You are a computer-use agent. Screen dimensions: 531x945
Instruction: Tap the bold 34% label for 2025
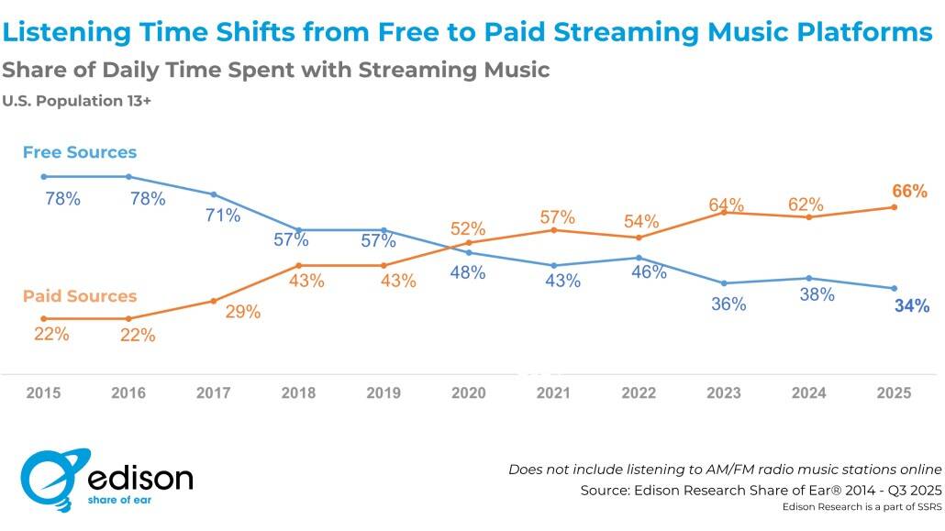[911, 306]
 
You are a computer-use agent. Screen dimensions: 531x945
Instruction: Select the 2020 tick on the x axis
[468, 393]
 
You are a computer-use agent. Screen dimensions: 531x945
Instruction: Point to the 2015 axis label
[43, 393]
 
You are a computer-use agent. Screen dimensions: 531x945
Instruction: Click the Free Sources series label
[80, 152]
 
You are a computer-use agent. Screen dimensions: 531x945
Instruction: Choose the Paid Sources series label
[80, 296]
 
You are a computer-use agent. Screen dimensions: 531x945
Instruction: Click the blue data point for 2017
[214, 194]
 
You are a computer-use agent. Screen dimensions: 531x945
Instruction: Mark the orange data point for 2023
[724, 212]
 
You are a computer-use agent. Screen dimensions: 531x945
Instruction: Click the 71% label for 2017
[222, 216]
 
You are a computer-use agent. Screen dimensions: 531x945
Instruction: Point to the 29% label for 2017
[242, 312]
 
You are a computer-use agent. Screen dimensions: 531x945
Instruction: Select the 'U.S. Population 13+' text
[76, 102]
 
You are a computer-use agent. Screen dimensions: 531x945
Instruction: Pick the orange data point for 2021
[553, 229]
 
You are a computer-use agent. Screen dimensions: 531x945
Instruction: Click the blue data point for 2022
[639, 258]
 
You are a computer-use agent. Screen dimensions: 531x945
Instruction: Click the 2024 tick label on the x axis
[808, 393]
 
